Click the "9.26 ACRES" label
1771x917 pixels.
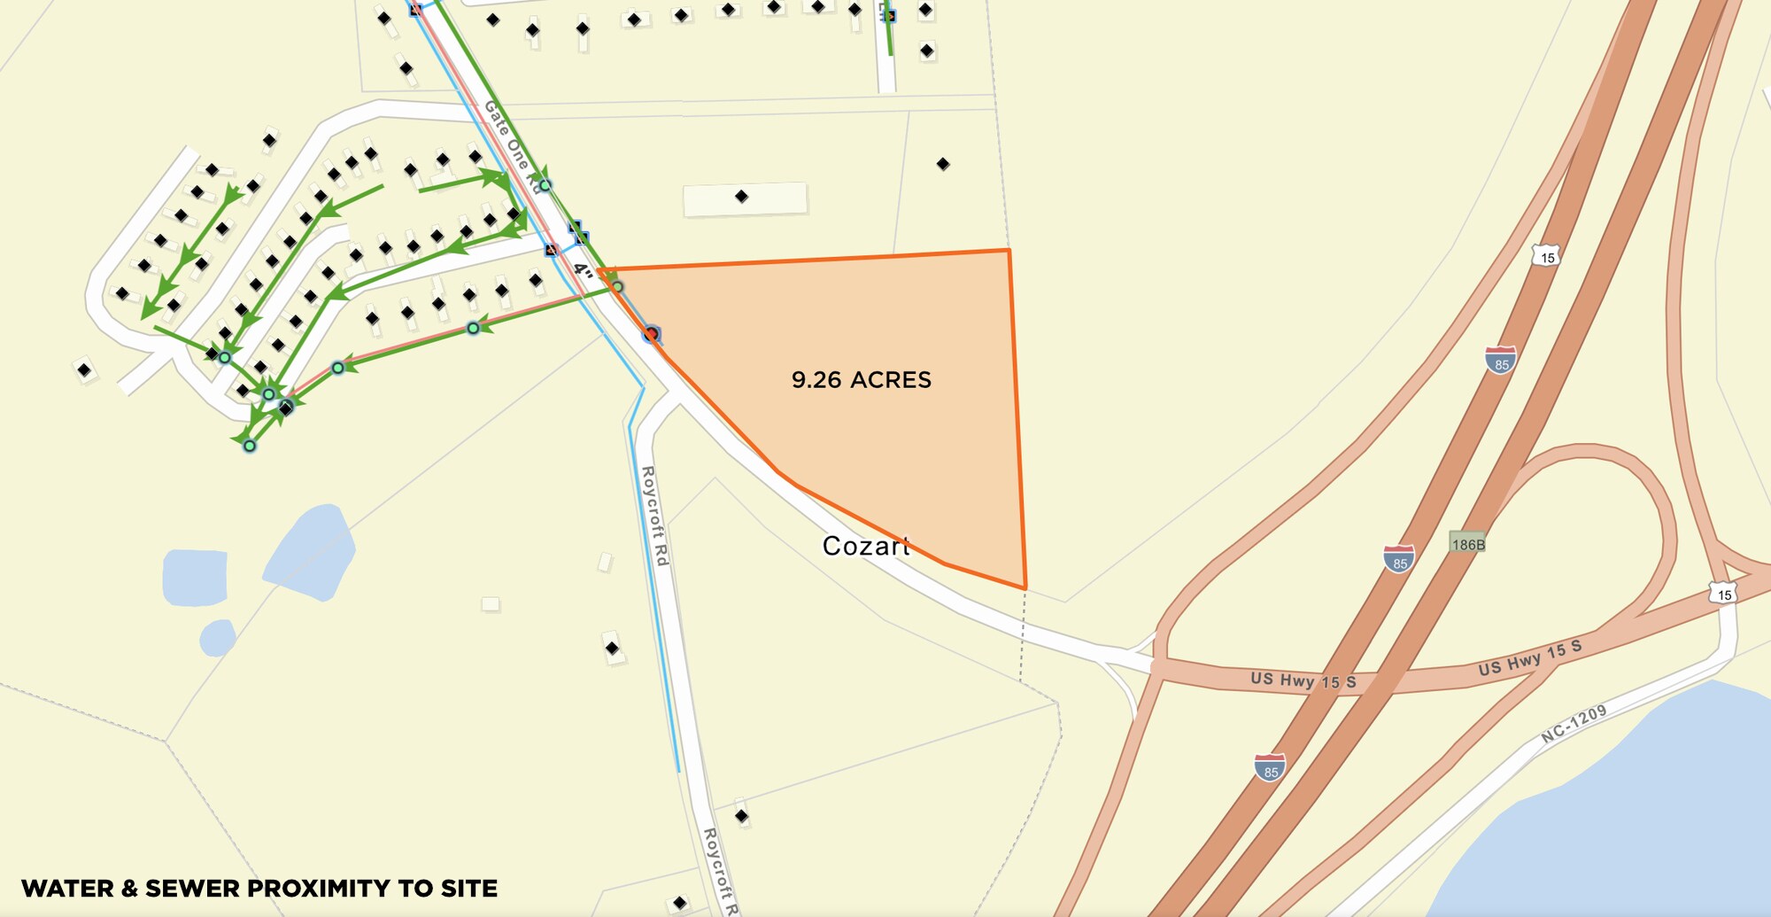[861, 380]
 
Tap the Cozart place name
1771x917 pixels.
[865, 546]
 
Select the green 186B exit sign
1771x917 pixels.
[1467, 544]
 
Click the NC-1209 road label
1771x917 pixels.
[1574, 724]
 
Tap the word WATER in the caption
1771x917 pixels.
[67, 889]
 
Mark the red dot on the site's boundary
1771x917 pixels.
[652, 334]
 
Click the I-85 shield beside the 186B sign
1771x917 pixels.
[1399, 559]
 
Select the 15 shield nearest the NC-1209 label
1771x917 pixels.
[1723, 594]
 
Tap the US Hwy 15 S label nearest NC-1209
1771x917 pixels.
[1529, 658]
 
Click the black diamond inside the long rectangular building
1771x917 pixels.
[742, 197]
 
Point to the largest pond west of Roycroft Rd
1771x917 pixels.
[310, 551]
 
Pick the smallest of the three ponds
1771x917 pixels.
[217, 637]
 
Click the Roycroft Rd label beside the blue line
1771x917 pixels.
[654, 516]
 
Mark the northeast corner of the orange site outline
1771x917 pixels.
[1009, 251]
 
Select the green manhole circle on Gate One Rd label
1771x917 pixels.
[545, 185]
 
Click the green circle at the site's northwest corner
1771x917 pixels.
[617, 287]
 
